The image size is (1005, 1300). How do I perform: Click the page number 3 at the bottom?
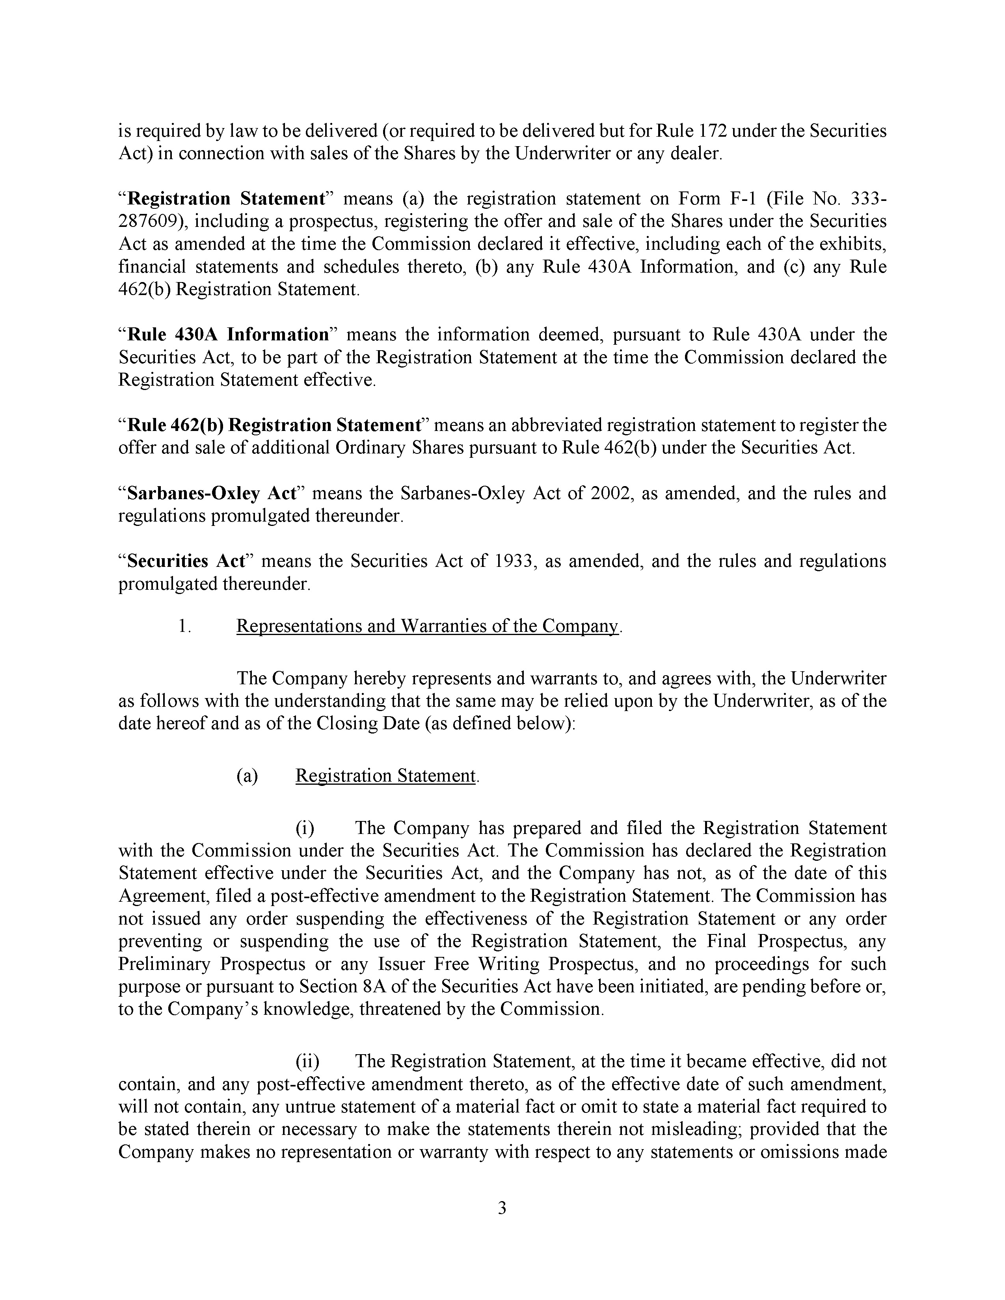[x=502, y=1208]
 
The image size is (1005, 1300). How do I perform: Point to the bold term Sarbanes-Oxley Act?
[x=212, y=494]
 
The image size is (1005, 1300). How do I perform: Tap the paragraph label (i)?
[x=305, y=828]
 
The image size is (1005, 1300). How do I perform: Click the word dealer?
[x=696, y=154]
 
